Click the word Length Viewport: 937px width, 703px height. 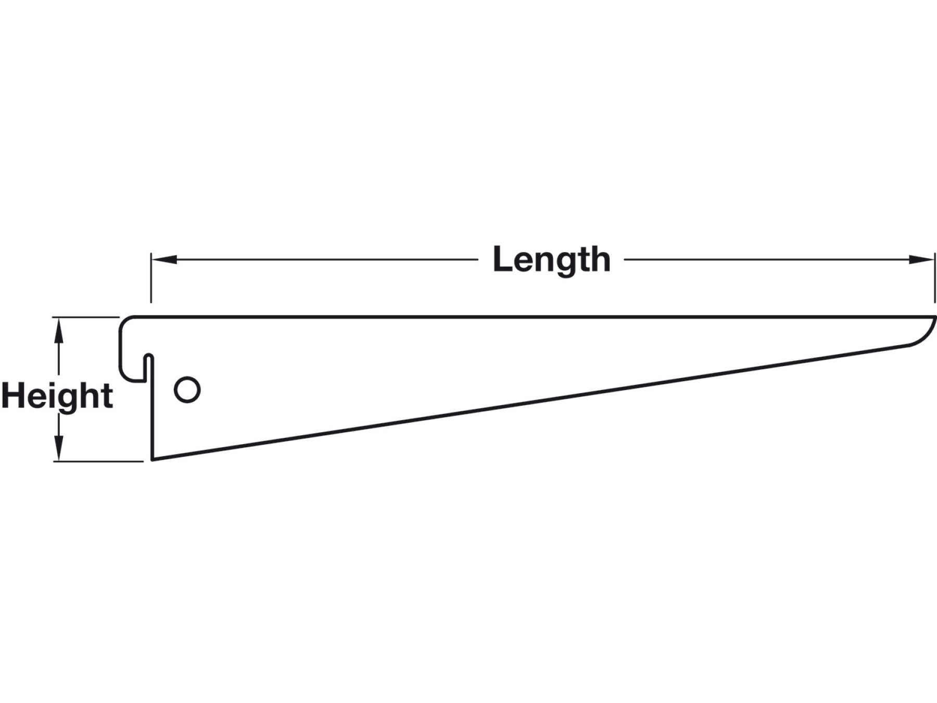click(551, 260)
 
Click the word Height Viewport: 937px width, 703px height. click(57, 396)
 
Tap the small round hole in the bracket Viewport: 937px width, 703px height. click(187, 390)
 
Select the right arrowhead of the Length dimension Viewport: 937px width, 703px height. click(922, 259)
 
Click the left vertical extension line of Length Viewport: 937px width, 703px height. click(151, 278)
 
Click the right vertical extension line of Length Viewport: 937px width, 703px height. click(935, 278)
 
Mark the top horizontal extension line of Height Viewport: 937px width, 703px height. click(86, 317)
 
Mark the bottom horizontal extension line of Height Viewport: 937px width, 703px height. click(98, 461)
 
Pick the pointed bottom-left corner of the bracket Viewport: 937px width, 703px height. click(152, 460)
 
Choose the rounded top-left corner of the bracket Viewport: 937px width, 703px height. click(126, 323)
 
